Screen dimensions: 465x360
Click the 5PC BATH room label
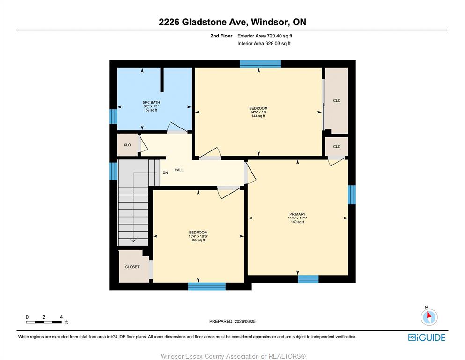click(151, 102)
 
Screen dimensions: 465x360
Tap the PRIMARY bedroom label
click(297, 214)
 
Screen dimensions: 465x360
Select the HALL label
click(179, 170)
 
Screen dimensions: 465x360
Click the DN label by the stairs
click(165, 172)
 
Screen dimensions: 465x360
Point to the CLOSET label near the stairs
click(132, 267)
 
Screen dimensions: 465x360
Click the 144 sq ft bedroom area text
click(258, 116)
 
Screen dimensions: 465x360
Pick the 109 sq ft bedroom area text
click(198, 240)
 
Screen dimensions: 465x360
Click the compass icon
click(429, 317)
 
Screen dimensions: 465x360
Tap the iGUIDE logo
click(427, 337)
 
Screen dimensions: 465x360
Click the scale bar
click(44, 322)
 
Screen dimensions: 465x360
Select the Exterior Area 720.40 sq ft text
click(265, 36)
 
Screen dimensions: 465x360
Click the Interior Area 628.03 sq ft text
click(264, 43)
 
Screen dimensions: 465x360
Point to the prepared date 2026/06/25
click(245, 321)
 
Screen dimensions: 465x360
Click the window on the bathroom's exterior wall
click(113, 116)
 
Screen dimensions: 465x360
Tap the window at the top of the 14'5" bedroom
click(260, 64)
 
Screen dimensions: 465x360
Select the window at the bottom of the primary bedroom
click(308, 279)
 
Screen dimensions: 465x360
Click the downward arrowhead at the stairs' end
click(133, 240)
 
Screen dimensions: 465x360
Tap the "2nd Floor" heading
click(221, 36)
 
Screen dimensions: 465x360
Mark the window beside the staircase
click(113, 171)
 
